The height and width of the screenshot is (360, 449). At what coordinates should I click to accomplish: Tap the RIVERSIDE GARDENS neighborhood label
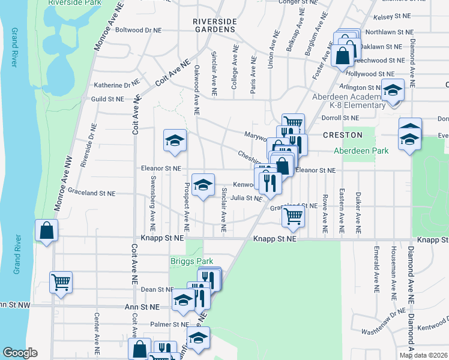(214, 25)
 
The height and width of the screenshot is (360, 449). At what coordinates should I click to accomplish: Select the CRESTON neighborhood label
(343, 135)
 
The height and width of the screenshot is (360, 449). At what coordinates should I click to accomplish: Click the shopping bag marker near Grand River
(46, 230)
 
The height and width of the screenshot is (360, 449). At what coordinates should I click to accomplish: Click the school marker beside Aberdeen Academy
(393, 91)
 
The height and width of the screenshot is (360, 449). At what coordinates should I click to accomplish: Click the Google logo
(20, 353)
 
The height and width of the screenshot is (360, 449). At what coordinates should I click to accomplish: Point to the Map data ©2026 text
(423, 355)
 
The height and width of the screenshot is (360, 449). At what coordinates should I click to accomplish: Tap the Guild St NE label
(107, 98)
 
